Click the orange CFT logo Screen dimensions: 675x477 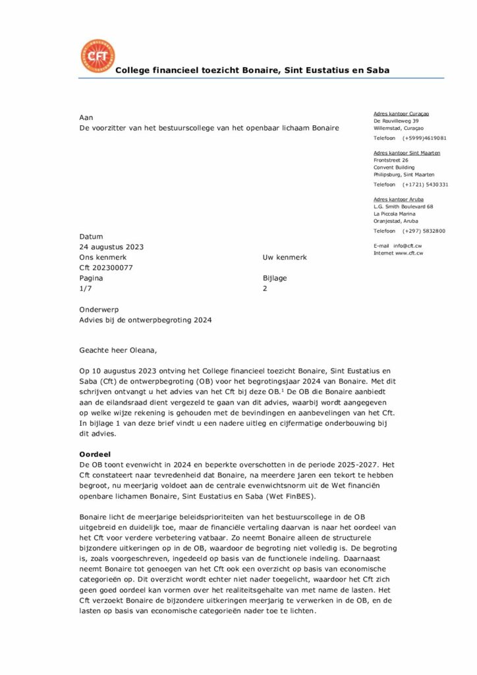pyautogui.click(x=97, y=56)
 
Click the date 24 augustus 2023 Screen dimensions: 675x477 pyautogui.click(x=111, y=247)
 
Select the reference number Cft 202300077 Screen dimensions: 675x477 pyautogui.click(x=106, y=268)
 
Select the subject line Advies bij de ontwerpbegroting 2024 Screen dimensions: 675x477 pyautogui.click(x=146, y=320)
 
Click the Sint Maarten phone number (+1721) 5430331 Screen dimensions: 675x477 pyautogui.click(x=425, y=185)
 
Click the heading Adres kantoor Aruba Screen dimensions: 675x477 pyautogui.click(x=399, y=198)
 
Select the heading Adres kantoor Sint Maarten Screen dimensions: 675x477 pyautogui.click(x=407, y=152)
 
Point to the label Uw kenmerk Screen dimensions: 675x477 pyautogui.click(x=285, y=257)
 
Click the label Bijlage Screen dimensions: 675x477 pyautogui.click(x=275, y=278)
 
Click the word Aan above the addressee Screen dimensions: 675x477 pyautogui.click(x=86, y=117)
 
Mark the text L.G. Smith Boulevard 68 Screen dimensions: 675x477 pyautogui.click(x=403, y=206)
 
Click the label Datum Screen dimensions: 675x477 pyautogui.click(x=91, y=236)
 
